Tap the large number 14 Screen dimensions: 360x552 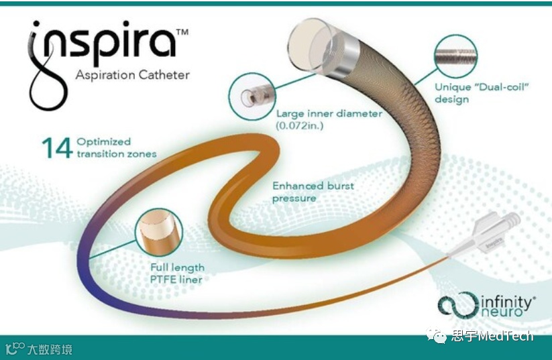pos(56,148)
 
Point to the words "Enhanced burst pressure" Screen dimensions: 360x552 pos(304,192)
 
